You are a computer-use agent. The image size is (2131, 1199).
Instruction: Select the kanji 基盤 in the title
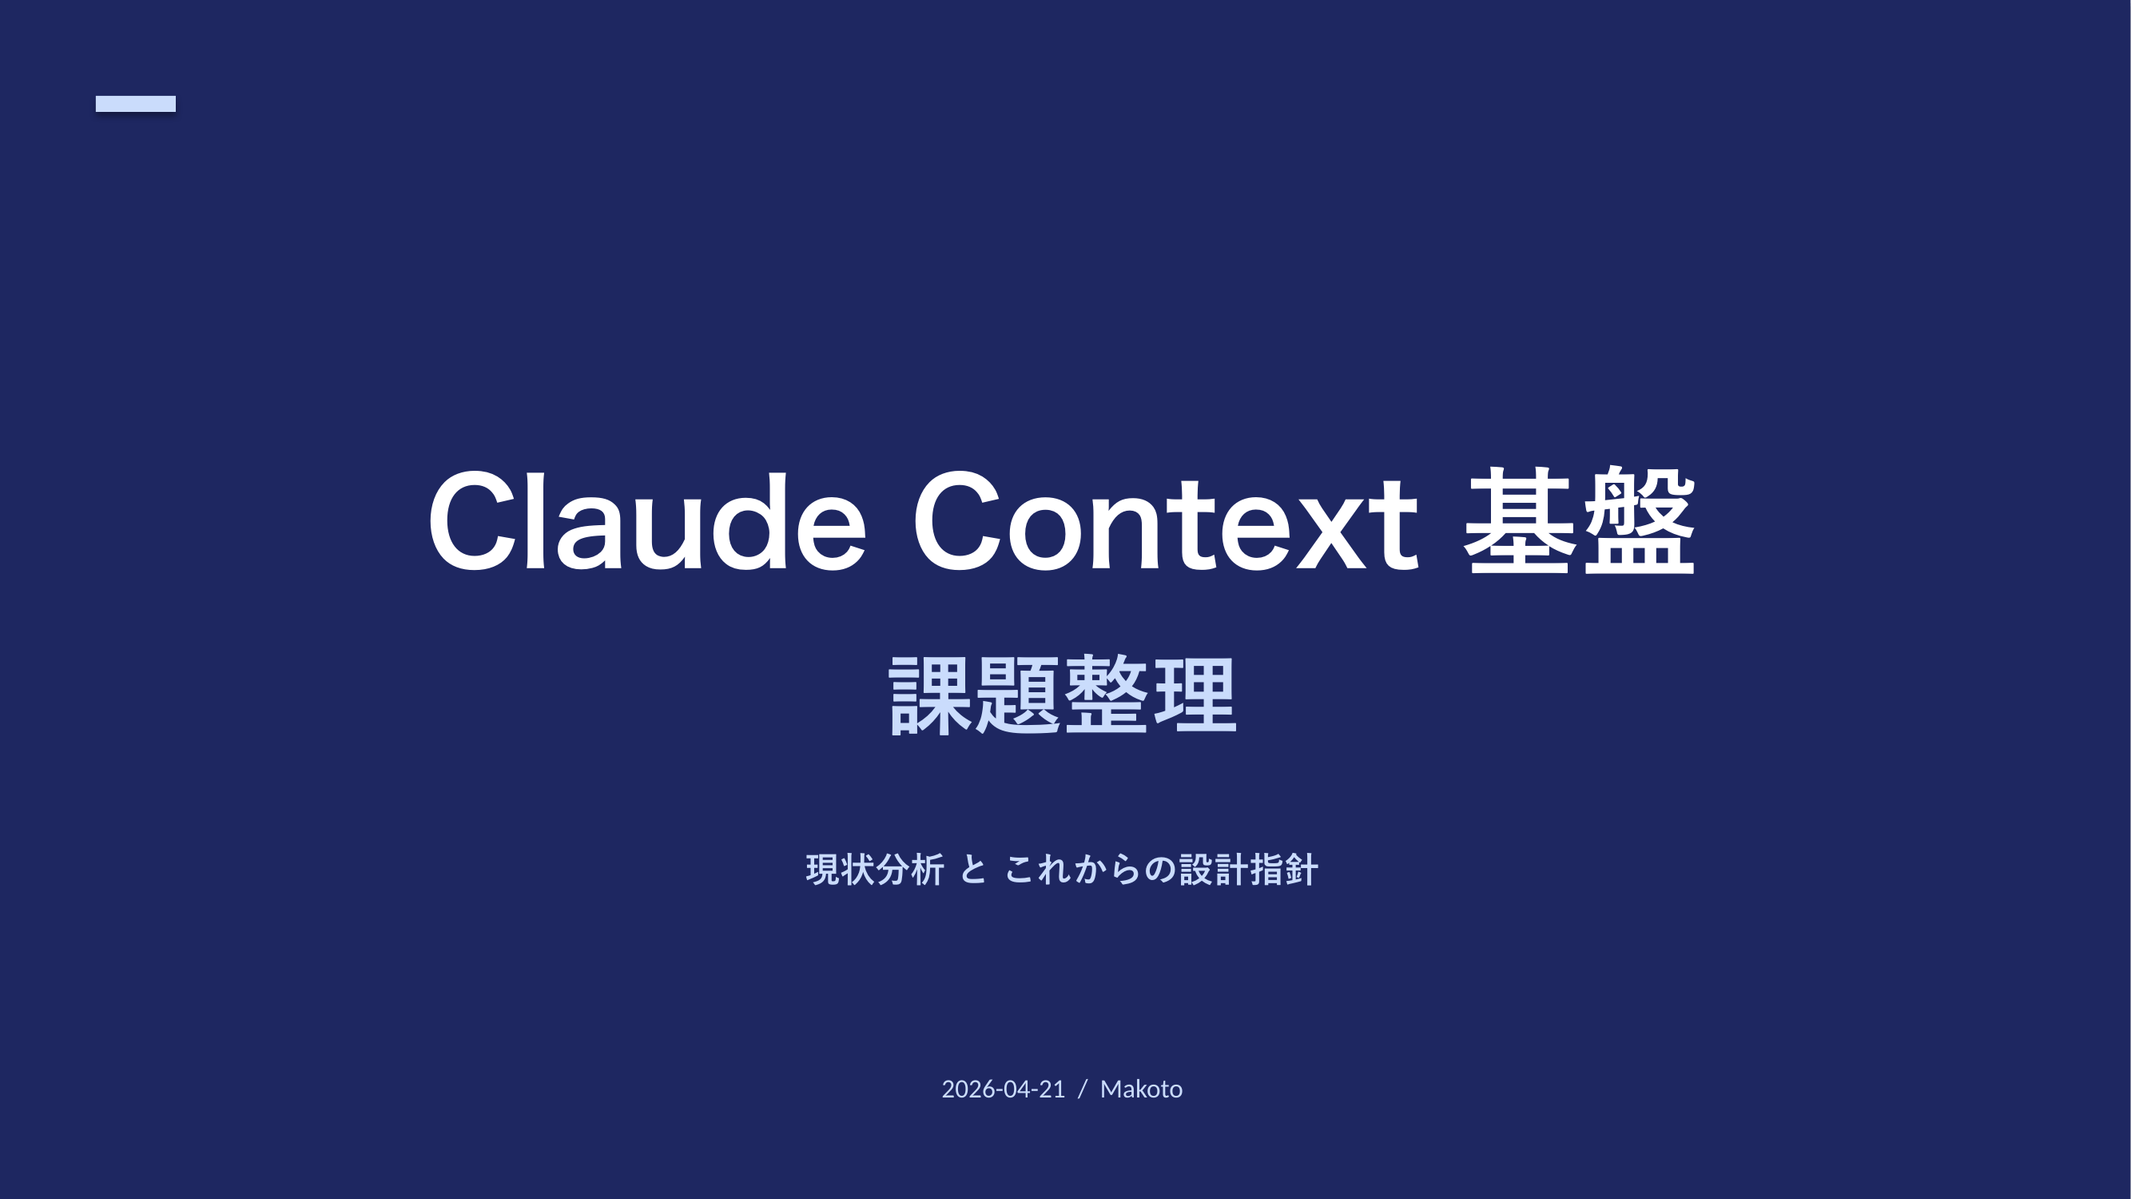click(x=1580, y=520)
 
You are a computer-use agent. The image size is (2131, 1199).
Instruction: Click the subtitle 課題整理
click(x=1063, y=695)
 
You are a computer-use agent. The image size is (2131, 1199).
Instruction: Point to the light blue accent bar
click(x=136, y=103)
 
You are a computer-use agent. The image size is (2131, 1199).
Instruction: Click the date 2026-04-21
click(x=1004, y=1089)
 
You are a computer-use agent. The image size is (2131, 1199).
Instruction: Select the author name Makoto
click(x=1142, y=1089)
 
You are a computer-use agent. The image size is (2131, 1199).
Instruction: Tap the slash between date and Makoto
click(x=1083, y=1089)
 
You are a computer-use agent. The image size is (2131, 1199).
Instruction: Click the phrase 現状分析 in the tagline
click(x=875, y=870)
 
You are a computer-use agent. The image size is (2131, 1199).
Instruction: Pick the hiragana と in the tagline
click(x=974, y=870)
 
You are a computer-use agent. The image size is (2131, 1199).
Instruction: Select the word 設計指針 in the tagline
click(x=1248, y=870)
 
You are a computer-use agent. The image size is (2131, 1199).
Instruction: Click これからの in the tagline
click(x=1090, y=870)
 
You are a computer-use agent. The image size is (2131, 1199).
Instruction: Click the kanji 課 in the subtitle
click(x=930, y=695)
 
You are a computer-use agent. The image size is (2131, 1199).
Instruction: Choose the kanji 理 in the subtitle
click(x=1195, y=695)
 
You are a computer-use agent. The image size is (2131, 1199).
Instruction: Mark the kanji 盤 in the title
click(x=1640, y=520)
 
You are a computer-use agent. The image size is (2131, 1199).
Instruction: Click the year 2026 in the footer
click(x=968, y=1089)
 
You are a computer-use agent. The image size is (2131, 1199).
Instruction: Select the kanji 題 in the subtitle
click(x=1018, y=695)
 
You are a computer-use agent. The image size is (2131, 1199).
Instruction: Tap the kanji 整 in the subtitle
click(x=1106, y=695)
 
